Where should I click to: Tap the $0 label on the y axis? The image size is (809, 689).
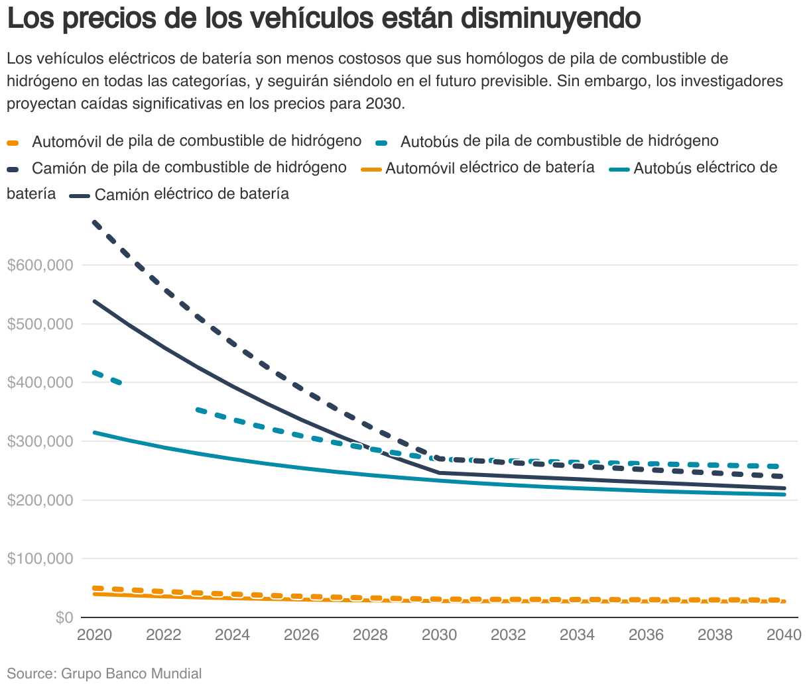pos(64,617)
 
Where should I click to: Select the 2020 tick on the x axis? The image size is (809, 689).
pos(95,635)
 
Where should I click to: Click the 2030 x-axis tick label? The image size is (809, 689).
pos(440,635)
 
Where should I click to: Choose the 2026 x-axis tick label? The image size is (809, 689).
pos(302,635)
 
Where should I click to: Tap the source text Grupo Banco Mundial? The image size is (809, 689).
pos(131,674)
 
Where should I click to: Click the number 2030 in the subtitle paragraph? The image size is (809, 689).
pos(383,104)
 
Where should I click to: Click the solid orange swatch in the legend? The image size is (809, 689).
pos(371,170)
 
